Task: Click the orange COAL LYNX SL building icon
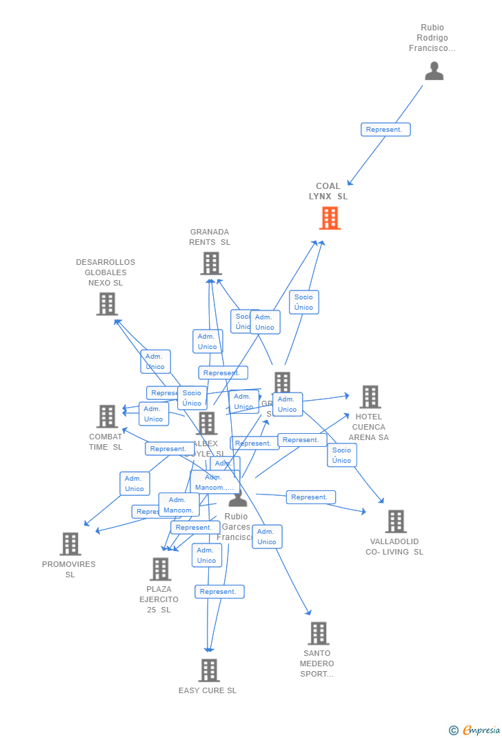pyautogui.click(x=330, y=218)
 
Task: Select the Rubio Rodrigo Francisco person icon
pyautogui.click(x=434, y=71)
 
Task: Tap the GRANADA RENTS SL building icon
pyautogui.click(x=211, y=263)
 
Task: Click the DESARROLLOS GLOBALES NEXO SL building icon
pyautogui.click(x=107, y=303)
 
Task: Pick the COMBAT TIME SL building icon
pyautogui.click(x=107, y=416)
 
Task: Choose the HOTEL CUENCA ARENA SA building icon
pyautogui.click(x=370, y=397)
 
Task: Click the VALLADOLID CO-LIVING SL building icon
pyautogui.click(x=395, y=521)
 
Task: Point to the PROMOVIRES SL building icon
pyautogui.click(x=70, y=543)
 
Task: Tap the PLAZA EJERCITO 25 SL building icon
pyautogui.click(x=160, y=569)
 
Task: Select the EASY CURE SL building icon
pyautogui.click(x=208, y=670)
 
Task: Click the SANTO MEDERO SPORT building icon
pyautogui.click(x=318, y=633)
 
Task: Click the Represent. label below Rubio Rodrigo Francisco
pyautogui.click(x=385, y=130)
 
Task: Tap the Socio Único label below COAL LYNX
pyautogui.click(x=303, y=302)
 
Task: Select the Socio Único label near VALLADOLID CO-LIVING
pyautogui.click(x=341, y=455)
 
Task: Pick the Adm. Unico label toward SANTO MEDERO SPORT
pyautogui.click(x=267, y=537)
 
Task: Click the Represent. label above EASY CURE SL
pyautogui.click(x=219, y=592)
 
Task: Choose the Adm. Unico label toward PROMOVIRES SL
pyautogui.click(x=134, y=483)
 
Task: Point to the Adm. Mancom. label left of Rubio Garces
pyautogui.click(x=179, y=505)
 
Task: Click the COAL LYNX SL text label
pyautogui.click(x=328, y=191)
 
